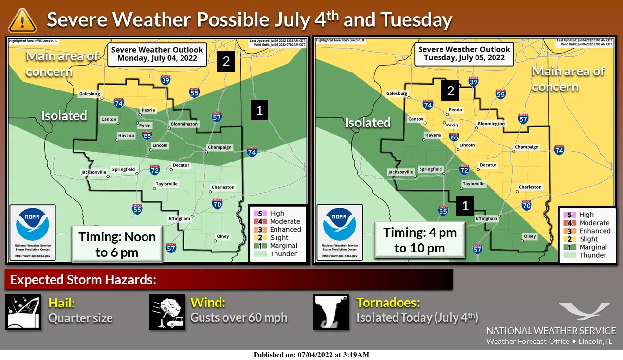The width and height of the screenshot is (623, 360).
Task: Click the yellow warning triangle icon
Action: click(22, 20)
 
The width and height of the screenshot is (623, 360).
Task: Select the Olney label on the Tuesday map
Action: click(530, 236)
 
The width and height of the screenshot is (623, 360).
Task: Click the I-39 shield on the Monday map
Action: click(165, 80)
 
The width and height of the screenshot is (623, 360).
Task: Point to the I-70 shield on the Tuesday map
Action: click(526, 206)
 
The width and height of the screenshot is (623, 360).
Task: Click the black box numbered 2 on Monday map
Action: click(226, 62)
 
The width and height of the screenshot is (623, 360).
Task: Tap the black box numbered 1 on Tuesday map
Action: click(465, 206)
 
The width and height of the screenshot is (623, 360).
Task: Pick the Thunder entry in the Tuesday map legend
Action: click(588, 255)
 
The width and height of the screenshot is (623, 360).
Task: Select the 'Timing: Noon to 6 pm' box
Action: click(117, 244)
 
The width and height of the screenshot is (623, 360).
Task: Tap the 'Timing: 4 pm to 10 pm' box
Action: click(420, 240)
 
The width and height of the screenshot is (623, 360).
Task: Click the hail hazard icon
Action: click(23, 312)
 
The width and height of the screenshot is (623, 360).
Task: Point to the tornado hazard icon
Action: click(331, 312)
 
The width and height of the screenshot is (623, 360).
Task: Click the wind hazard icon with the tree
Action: click(166, 312)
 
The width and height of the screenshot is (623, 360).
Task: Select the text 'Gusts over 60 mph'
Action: click(238, 318)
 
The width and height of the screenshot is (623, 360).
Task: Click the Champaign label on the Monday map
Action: click(220, 147)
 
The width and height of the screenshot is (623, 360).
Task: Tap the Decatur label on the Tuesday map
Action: click(488, 165)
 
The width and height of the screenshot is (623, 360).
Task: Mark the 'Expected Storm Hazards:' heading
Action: click(83, 280)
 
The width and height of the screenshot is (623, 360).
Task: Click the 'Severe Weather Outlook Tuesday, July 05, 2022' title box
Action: click(464, 53)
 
